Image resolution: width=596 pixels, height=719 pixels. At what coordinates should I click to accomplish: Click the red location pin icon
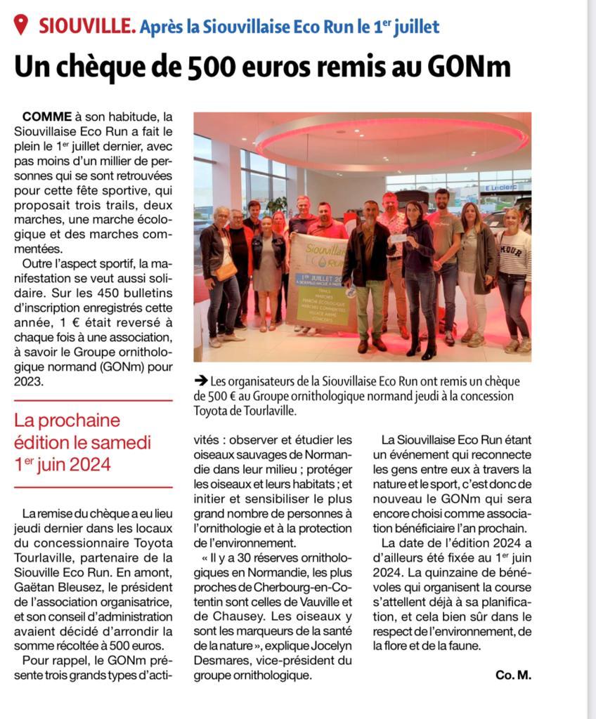tap(21, 25)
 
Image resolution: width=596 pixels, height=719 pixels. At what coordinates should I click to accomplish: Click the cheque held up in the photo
tap(398, 238)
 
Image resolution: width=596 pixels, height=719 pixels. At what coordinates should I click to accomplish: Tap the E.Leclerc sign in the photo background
tap(500, 188)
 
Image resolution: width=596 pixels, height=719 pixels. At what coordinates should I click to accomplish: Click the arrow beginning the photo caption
tap(200, 381)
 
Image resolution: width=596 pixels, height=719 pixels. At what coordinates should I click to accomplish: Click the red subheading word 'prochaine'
tap(77, 421)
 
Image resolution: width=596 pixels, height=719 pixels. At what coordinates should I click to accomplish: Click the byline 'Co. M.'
tap(513, 675)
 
